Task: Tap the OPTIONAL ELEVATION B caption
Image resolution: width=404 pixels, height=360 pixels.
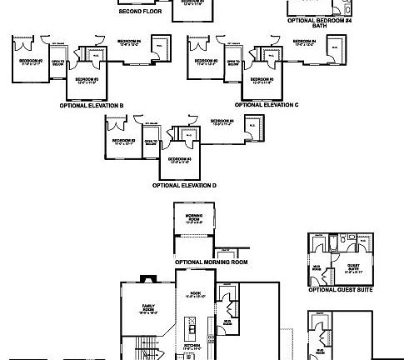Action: tap(92, 106)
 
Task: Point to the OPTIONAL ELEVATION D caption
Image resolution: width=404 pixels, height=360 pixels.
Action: tap(184, 184)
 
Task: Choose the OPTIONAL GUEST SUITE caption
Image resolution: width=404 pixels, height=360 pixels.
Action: tap(340, 290)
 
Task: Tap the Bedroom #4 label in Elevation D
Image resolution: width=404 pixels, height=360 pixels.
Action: tap(224, 122)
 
